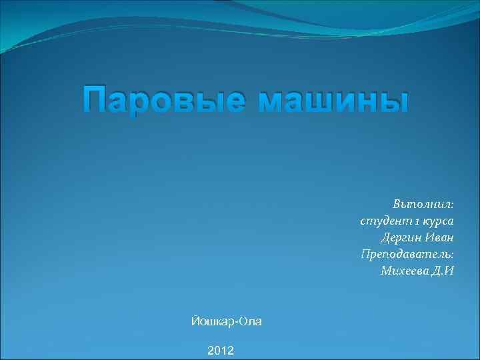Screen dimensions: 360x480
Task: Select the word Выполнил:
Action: coord(423,203)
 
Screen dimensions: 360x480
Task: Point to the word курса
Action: coord(436,220)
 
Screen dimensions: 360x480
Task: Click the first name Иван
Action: coord(440,237)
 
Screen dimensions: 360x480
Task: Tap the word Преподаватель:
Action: coord(407,253)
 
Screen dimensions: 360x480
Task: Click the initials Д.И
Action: coord(444,270)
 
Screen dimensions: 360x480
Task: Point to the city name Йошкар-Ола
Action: coord(226,321)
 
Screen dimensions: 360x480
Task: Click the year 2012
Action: coord(221,350)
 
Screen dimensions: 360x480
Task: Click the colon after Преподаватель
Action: coord(452,255)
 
